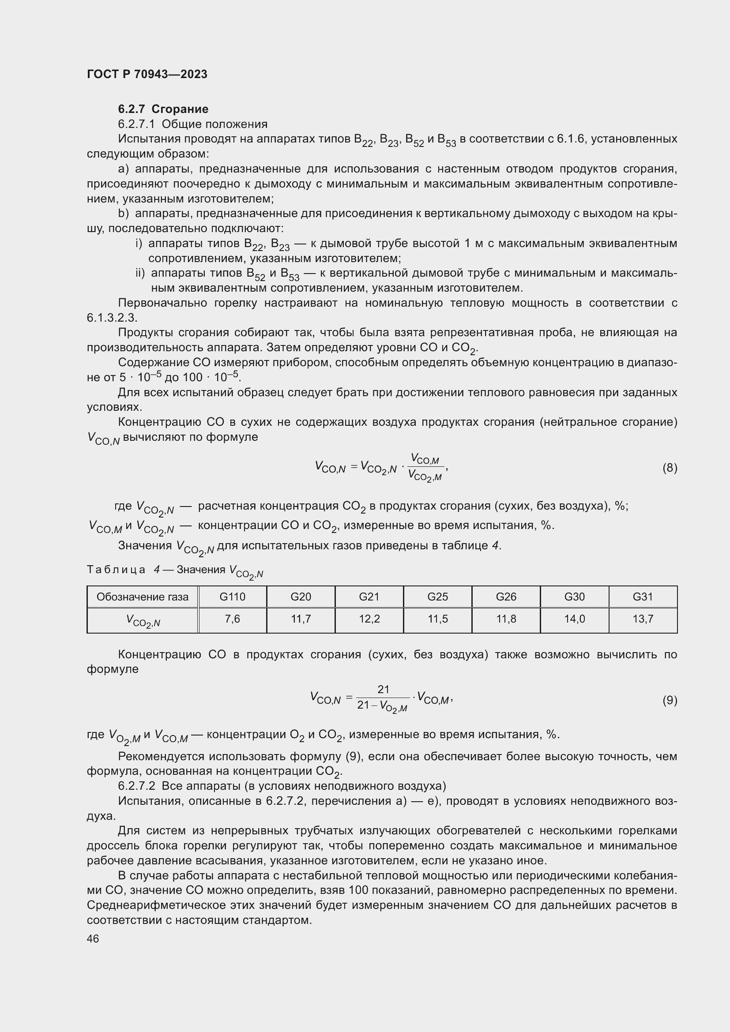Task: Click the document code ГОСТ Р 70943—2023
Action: pos(147,74)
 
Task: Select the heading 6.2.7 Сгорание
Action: pos(163,109)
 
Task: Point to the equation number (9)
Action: pos(670,700)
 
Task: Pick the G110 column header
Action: pos(233,597)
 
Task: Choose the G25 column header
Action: pos(437,597)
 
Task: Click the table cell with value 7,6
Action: pos(233,619)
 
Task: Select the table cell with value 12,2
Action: pos(369,619)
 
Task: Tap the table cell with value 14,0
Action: pos(574,619)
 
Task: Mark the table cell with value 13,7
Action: pos(642,619)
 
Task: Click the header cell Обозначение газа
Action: pos(143,597)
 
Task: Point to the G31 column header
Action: pos(642,597)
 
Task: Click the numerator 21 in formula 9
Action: pos(383,689)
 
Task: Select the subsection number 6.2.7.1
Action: pos(136,124)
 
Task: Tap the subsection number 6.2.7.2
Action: pos(136,786)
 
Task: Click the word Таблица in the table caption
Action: pos(116,570)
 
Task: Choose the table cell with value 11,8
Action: pos(506,619)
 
